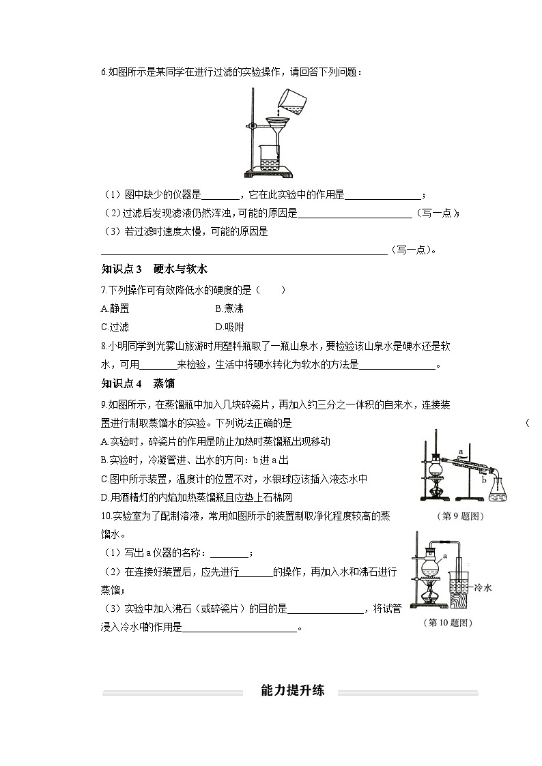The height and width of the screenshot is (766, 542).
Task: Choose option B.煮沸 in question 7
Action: tap(229, 308)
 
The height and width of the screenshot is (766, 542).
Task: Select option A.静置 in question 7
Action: tap(115, 308)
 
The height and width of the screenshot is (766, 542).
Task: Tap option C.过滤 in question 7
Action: tap(115, 326)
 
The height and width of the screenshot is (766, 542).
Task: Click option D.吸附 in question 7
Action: tap(229, 326)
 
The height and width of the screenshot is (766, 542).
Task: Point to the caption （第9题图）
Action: tap(459, 517)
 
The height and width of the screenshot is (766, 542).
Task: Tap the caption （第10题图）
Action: tap(448, 622)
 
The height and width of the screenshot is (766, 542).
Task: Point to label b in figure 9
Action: tap(484, 480)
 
